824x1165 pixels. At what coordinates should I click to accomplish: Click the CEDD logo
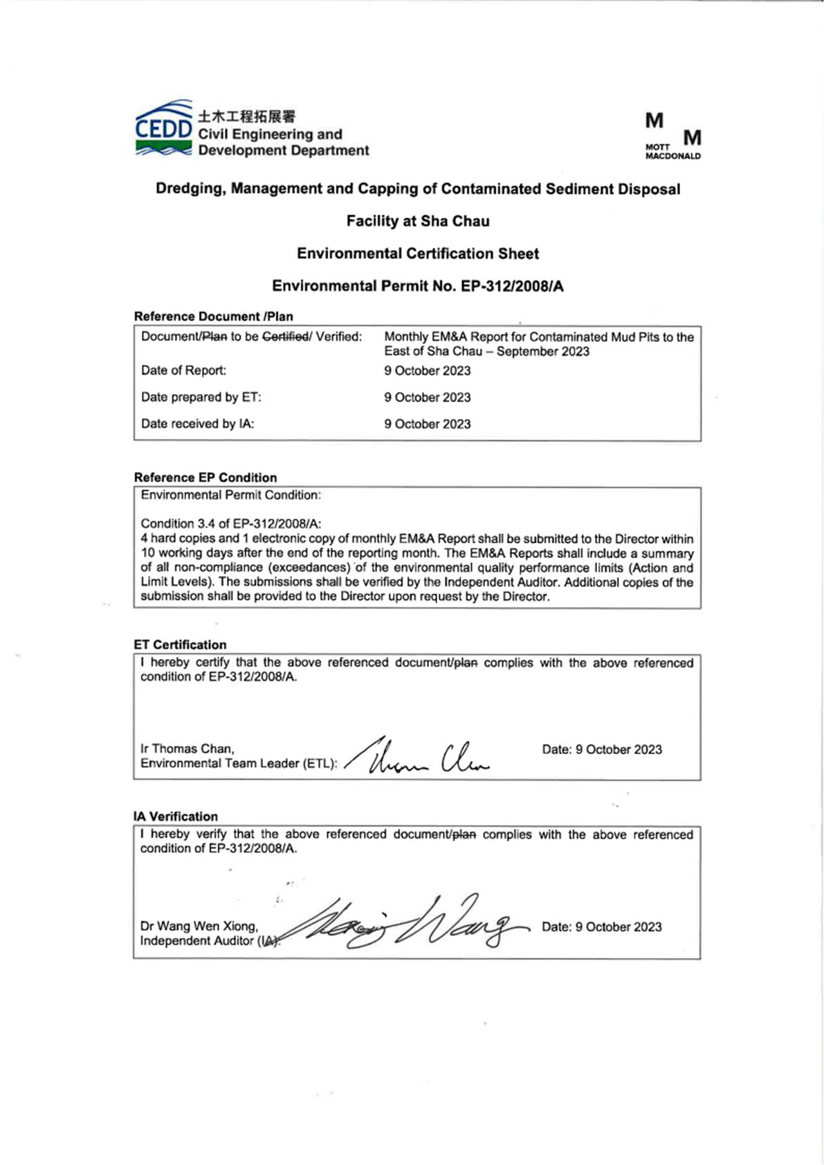pos(163,128)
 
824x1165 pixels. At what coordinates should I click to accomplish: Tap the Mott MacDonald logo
pos(672,136)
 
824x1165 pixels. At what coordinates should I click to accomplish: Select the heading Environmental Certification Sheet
pos(418,253)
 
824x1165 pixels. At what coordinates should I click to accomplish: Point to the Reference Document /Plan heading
pos(213,316)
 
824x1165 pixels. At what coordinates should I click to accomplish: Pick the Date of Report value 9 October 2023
pos(427,370)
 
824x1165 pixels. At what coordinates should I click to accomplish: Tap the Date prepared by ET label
pos(201,397)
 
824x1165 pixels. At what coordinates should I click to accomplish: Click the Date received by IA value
pos(427,424)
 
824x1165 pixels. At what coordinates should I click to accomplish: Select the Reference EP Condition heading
pos(205,478)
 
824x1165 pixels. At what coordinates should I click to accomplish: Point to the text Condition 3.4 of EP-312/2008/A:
pos(230,523)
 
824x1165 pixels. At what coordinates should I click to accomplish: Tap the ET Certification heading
pos(180,644)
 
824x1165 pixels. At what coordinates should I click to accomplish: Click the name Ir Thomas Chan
pos(187,748)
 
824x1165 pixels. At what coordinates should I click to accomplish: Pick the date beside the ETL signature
pos(601,750)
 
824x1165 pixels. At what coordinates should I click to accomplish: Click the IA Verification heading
pos(175,816)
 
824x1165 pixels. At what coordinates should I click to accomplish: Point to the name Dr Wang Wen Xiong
pos(199,925)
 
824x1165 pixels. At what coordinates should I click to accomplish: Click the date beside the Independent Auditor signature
pos(601,927)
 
